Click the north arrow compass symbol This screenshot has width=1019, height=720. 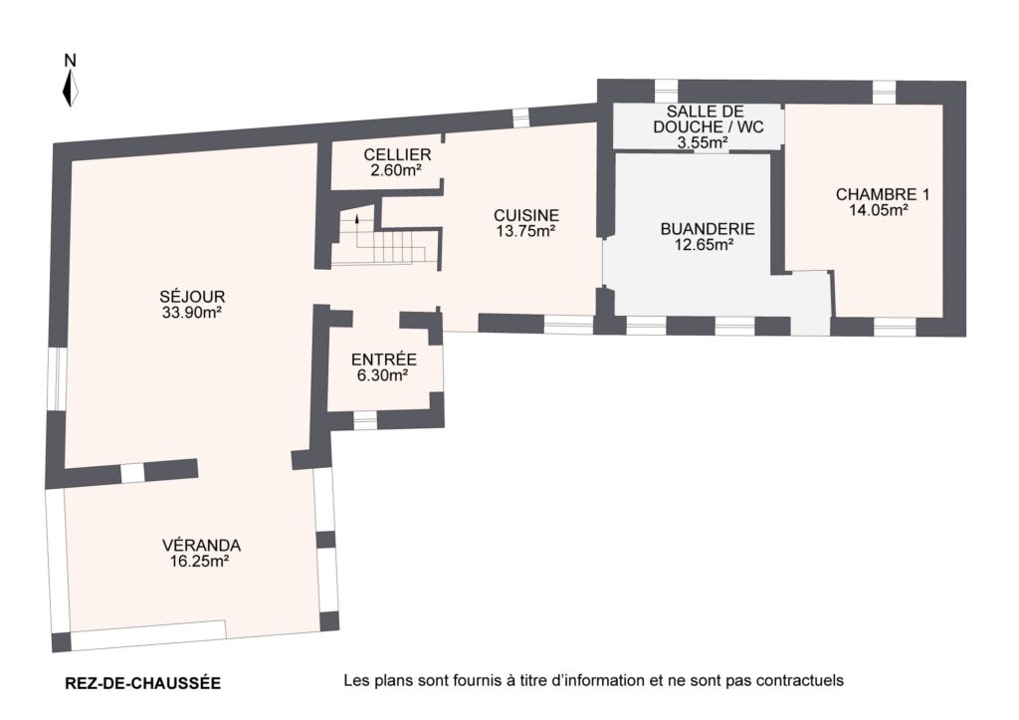71,88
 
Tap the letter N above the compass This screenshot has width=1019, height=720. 71,61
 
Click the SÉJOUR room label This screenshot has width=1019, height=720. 192,297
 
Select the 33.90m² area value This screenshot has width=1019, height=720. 192,313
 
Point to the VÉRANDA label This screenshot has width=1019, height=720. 201,545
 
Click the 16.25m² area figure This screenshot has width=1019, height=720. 199,562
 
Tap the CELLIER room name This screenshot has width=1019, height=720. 397,154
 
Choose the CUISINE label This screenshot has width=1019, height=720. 526,215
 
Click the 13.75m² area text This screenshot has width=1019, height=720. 525,231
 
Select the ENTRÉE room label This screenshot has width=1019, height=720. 384,360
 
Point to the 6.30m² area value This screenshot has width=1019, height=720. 383,375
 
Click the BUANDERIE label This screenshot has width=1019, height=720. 708,229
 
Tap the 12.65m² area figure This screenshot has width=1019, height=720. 706,245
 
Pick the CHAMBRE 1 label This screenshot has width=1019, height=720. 883,194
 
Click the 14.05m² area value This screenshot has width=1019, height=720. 879,210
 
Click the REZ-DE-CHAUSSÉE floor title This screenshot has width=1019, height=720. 143,683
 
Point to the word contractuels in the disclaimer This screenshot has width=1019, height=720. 800,681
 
